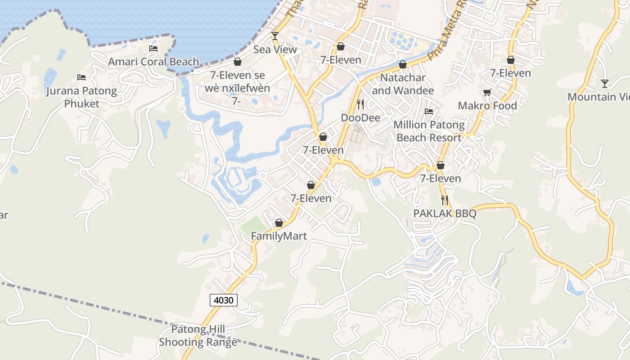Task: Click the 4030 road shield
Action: click(224, 300)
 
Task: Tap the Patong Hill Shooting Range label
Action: click(198, 336)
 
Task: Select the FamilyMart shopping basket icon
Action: click(279, 223)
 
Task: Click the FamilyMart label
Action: click(279, 236)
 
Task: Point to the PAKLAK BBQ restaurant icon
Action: click(445, 200)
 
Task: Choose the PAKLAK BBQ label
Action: click(445, 213)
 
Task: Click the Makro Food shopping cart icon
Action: click(487, 93)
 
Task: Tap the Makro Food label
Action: click(487, 106)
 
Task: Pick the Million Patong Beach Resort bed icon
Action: click(429, 112)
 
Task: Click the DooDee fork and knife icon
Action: click(360, 104)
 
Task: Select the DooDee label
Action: click(360, 118)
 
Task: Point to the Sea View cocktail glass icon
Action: click(275, 36)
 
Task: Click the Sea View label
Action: click(275, 49)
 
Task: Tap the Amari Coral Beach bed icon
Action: click(153, 49)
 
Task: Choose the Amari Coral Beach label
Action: click(153, 62)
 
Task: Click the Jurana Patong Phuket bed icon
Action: click(81, 77)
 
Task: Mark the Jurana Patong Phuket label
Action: click(81, 97)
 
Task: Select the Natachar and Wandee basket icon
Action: click(403, 64)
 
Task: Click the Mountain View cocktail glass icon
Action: click(604, 84)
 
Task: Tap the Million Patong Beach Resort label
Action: click(429, 131)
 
